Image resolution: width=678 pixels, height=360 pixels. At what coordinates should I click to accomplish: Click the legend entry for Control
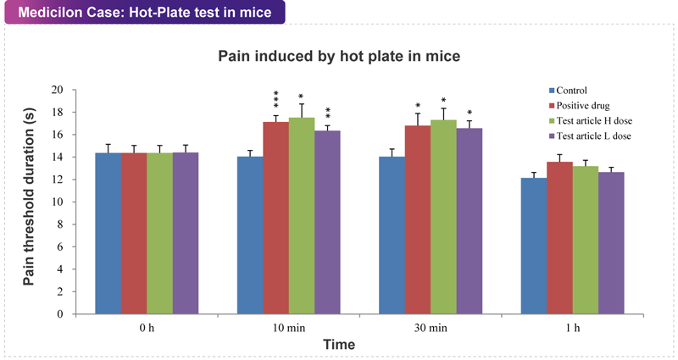(573, 91)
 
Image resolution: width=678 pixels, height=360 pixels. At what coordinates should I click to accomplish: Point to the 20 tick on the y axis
(58, 90)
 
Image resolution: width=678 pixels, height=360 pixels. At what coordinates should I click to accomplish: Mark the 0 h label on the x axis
(146, 327)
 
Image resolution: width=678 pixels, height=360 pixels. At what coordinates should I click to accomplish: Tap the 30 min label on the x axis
(431, 327)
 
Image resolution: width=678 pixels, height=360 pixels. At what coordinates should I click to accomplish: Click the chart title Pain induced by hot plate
(339, 57)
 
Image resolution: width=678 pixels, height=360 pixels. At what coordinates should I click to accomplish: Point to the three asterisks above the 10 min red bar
(275, 99)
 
